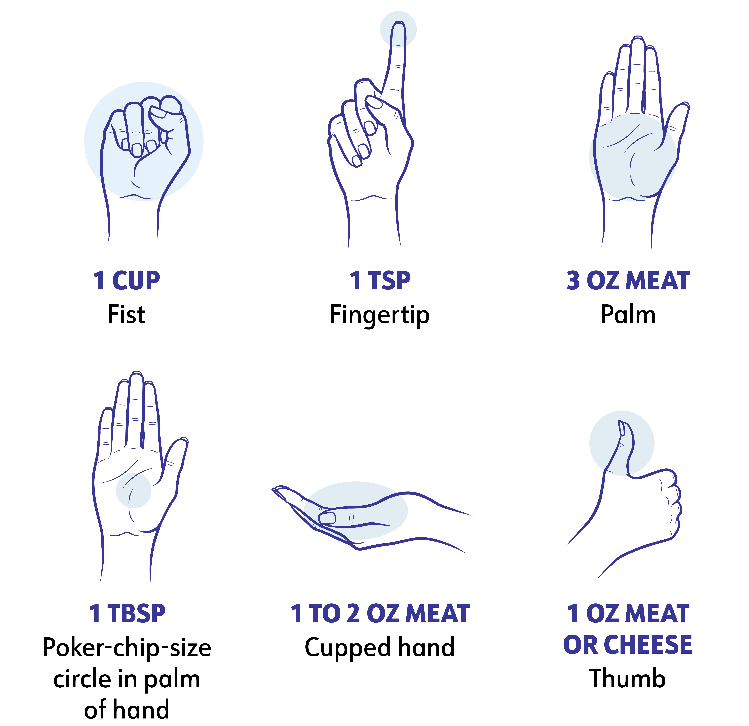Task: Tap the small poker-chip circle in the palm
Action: click(134, 490)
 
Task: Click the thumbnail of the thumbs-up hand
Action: click(622, 428)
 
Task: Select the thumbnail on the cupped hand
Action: click(327, 518)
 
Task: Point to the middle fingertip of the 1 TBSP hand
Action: click(136, 375)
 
